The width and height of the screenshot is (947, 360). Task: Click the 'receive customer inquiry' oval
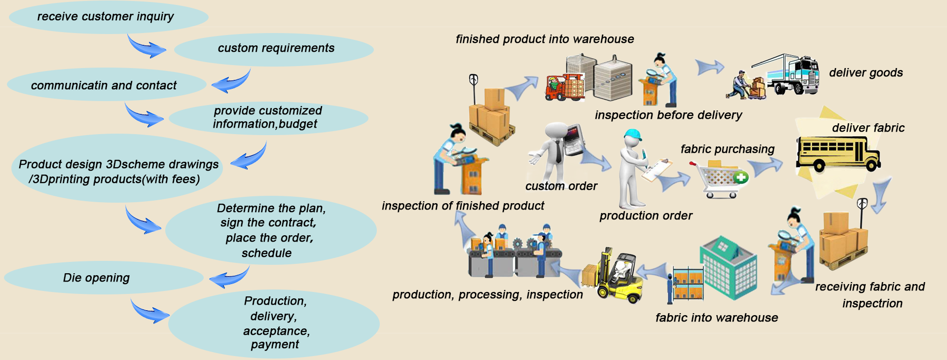pos(109,17)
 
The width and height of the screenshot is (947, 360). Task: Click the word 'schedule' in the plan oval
pos(266,253)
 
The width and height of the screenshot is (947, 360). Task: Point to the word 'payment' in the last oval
pos(275,344)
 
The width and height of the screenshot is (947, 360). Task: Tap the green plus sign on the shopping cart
pos(741,177)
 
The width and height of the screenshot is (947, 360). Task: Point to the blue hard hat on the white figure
pos(632,135)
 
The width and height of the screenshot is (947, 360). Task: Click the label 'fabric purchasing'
pos(728,149)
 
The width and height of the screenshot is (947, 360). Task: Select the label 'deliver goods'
pos(866,73)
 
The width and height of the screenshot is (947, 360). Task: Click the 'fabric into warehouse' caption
pos(717,318)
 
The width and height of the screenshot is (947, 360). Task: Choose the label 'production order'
pos(646,216)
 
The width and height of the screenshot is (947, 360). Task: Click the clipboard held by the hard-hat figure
pos(657,169)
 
